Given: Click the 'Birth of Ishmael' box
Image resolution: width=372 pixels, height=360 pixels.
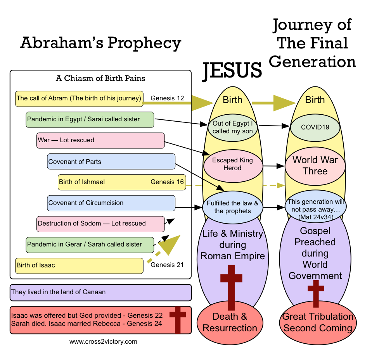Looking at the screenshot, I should click(x=121, y=182).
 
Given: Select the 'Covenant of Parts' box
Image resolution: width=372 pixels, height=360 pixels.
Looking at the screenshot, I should click(x=111, y=162).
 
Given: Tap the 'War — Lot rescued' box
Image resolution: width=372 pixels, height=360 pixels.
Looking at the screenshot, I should click(x=100, y=140).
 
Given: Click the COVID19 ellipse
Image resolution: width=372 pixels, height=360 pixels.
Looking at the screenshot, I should click(x=315, y=127).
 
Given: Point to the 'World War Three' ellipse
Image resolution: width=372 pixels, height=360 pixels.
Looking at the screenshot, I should click(x=315, y=165).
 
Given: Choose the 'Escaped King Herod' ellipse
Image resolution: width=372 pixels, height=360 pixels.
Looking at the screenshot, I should click(x=232, y=164).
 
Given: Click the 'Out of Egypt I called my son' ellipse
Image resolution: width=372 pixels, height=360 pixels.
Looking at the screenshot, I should click(x=232, y=127).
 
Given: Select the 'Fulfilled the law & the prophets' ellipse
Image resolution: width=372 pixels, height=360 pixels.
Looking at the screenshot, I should click(x=232, y=207).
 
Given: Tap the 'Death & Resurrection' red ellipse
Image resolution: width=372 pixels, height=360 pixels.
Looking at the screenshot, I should click(x=230, y=322).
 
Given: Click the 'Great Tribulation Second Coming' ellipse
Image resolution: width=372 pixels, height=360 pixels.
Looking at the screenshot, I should click(x=318, y=322).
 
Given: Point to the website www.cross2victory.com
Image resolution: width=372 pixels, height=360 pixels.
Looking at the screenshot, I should click(x=103, y=342).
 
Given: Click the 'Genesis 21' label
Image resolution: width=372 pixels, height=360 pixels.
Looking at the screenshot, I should click(x=167, y=265).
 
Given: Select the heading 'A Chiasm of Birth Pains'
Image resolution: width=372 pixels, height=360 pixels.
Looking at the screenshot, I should click(x=100, y=79).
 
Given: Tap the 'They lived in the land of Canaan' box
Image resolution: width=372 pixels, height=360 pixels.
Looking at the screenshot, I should click(x=100, y=293).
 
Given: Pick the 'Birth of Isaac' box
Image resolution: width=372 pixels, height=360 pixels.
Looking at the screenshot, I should click(x=79, y=265).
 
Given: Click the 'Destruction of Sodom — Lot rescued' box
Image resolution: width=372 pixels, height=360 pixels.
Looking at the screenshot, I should click(x=100, y=224).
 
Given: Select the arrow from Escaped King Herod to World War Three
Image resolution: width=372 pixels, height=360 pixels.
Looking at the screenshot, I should click(x=274, y=166).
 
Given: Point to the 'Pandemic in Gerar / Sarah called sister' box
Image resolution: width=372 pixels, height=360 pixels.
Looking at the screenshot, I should click(x=90, y=245).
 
